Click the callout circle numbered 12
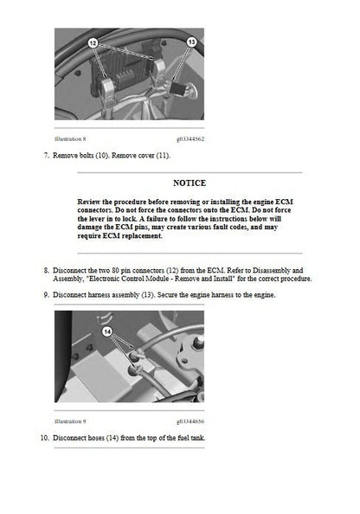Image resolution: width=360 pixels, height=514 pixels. tap(93, 43)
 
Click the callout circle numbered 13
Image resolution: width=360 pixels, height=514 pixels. tap(192, 42)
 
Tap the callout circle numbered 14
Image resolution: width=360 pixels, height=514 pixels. tap(108, 330)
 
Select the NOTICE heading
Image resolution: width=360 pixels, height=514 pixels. tap(190, 183)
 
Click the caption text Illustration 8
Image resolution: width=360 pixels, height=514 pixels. tap(70, 138)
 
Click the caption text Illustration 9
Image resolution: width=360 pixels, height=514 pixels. tap(70, 421)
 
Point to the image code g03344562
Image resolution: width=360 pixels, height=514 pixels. tap(190, 138)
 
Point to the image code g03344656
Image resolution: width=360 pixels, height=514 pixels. tap(190, 421)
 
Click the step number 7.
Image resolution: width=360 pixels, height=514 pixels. tap(45, 155)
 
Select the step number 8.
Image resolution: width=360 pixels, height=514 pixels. tap(45, 270)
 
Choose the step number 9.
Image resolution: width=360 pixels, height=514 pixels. tap(45, 294)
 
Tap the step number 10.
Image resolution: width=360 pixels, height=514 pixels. tap(44, 438)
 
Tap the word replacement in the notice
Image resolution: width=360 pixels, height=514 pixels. tap(139, 235)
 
